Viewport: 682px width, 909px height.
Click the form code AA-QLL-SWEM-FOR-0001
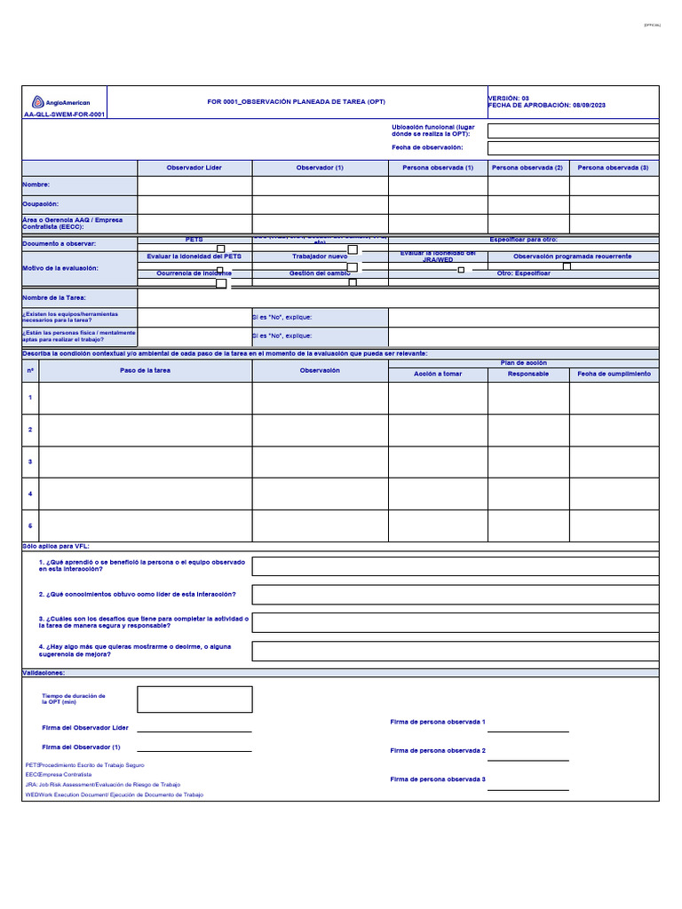(63, 115)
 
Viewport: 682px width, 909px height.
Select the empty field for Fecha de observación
(573, 148)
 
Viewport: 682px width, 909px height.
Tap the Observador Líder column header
(194, 168)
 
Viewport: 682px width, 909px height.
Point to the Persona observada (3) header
(613, 168)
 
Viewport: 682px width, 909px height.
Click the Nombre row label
(36, 185)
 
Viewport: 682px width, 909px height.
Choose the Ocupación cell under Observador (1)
(320, 204)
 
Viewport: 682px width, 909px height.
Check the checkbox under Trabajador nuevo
(352, 266)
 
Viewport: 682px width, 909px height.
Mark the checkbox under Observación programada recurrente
(567, 265)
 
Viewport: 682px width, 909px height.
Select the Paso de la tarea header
(146, 370)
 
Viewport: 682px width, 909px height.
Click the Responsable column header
(528, 374)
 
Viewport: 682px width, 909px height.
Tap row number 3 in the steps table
(30, 462)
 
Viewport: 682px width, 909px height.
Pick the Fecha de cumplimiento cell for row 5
(614, 526)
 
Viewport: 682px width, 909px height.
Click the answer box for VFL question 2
(455, 595)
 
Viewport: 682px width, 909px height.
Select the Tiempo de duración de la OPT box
(194, 700)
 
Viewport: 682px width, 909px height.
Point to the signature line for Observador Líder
(194, 731)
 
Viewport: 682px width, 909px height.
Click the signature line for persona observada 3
(528, 789)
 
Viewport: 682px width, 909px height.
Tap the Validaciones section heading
(44, 673)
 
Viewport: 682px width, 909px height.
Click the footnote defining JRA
(102, 785)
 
